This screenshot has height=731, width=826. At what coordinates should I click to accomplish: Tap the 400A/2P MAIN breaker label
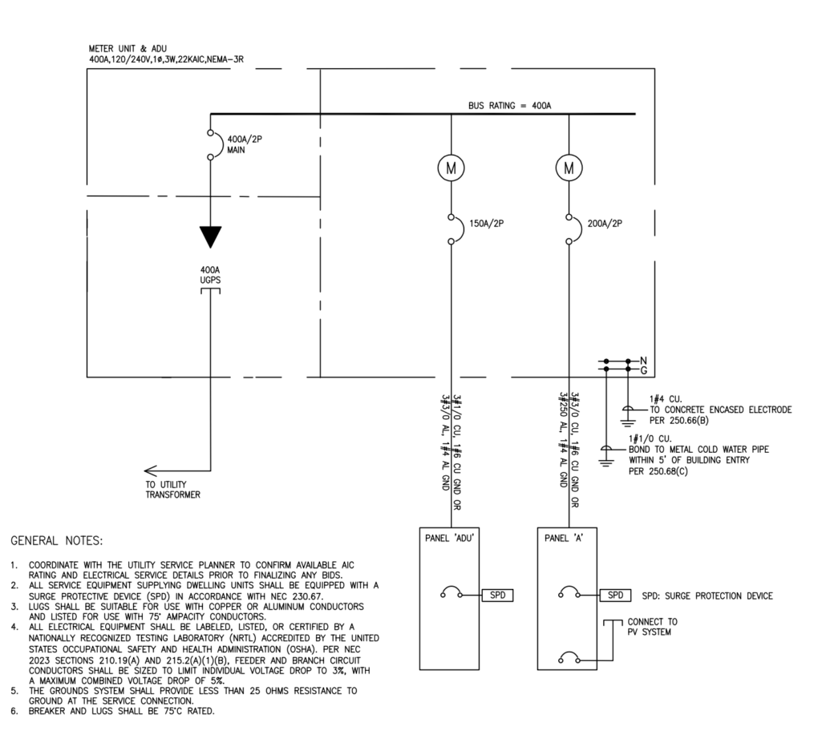pyautogui.click(x=245, y=144)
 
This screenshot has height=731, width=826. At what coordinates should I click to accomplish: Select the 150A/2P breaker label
pyautogui.click(x=486, y=224)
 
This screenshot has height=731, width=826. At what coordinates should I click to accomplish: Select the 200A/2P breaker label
pyautogui.click(x=605, y=224)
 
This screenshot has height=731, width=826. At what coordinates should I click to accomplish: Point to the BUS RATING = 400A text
pyautogui.click(x=509, y=105)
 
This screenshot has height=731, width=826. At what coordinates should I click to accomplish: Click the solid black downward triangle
pyautogui.click(x=210, y=237)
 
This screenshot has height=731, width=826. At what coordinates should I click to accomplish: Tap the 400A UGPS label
pyautogui.click(x=210, y=275)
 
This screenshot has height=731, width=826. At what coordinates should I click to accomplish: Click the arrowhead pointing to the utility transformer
pyautogui.click(x=150, y=471)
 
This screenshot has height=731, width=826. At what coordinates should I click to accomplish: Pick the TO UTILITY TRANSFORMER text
pyautogui.click(x=172, y=489)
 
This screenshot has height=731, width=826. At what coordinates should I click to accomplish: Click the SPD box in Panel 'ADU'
pyautogui.click(x=497, y=595)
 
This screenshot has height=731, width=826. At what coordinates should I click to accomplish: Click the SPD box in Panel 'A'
pyautogui.click(x=615, y=595)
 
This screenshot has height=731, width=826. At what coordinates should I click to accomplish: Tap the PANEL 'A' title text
pyautogui.click(x=564, y=538)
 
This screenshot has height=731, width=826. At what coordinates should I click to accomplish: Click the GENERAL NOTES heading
pyautogui.click(x=57, y=540)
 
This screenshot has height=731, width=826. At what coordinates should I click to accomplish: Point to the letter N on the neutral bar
pyautogui.click(x=643, y=361)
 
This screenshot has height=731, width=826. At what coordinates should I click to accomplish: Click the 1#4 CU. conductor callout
pyautogui.click(x=666, y=399)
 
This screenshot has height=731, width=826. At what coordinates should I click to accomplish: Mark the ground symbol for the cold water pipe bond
pyautogui.click(x=606, y=456)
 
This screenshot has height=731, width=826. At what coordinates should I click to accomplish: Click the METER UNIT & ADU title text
pyautogui.click(x=128, y=48)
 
